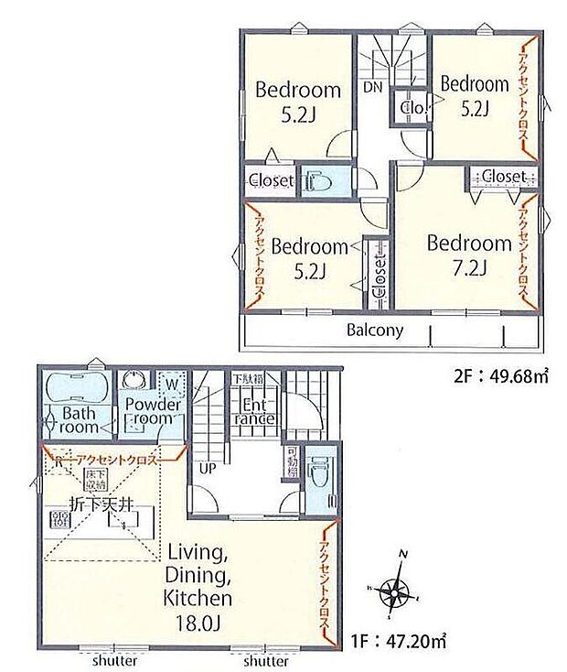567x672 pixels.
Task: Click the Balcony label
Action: [375, 331]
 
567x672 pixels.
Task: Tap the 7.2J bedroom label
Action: [468, 255]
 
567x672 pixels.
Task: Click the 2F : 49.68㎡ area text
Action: [500, 374]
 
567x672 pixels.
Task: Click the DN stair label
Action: [372, 89]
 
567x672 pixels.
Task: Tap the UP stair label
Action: [208, 468]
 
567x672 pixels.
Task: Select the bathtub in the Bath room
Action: [75, 385]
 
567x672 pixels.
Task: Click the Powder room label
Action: [151, 411]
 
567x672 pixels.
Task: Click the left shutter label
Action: [114, 660]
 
